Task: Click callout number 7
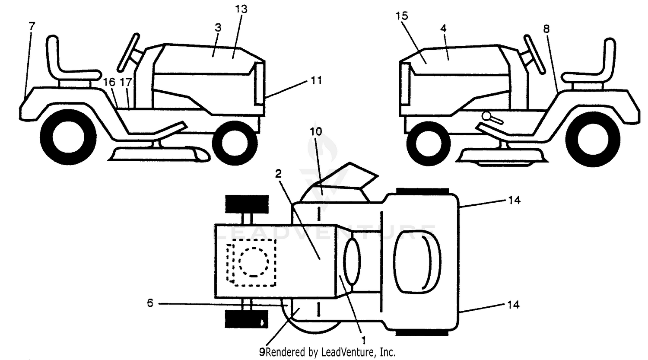(x=32, y=26)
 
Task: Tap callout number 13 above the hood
(x=241, y=9)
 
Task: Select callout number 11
(x=316, y=80)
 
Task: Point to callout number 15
(x=401, y=16)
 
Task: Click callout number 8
(x=546, y=29)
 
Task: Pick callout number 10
(x=316, y=132)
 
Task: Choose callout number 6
(x=150, y=303)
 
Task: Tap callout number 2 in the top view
(x=278, y=174)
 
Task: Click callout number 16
(x=109, y=82)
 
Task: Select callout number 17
(x=126, y=82)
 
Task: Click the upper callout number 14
(x=514, y=200)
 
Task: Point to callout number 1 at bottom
(x=363, y=340)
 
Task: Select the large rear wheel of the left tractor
(x=68, y=137)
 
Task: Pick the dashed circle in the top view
(x=254, y=262)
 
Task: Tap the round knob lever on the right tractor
(x=492, y=118)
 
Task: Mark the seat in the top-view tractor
(x=417, y=262)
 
